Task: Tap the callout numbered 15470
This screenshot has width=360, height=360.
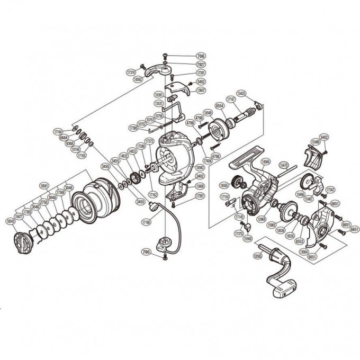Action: click(x=283, y=165)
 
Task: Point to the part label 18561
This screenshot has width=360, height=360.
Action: click(x=44, y=186)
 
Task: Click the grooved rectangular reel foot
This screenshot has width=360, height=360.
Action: click(x=245, y=156)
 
